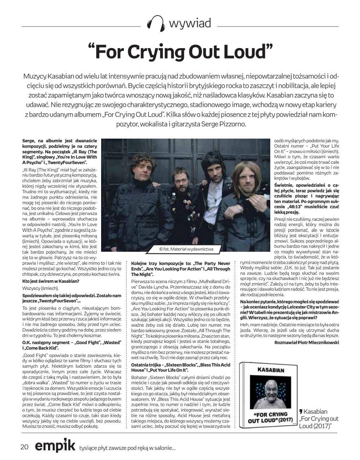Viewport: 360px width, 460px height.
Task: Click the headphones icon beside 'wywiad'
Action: click(156, 24)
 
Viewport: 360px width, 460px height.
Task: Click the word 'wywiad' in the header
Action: click(190, 23)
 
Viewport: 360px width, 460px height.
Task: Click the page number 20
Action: click(24, 447)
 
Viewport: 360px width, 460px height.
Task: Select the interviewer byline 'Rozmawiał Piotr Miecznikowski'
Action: click(307, 342)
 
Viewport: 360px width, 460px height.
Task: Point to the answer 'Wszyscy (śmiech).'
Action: click(40, 288)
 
